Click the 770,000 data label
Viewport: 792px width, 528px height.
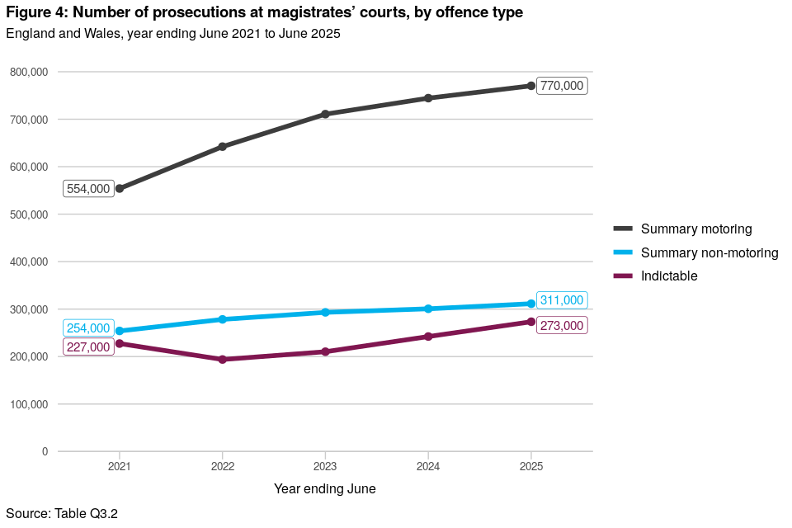click(562, 86)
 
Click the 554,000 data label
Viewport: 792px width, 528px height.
click(88, 189)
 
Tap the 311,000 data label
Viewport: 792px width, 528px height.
click(562, 300)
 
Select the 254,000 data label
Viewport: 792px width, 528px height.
click(88, 328)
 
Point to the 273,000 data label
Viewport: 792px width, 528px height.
click(562, 326)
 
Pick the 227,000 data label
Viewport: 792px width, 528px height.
click(88, 347)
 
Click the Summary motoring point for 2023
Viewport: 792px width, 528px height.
click(325, 114)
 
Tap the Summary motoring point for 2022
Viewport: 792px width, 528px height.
click(223, 147)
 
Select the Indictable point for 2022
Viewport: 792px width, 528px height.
click(223, 360)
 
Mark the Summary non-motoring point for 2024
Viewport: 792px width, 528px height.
click(428, 309)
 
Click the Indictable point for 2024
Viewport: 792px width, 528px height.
click(428, 337)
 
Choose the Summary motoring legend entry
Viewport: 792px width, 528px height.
click(696, 229)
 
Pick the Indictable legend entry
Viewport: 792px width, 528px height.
click(669, 276)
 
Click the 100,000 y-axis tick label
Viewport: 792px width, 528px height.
click(29, 404)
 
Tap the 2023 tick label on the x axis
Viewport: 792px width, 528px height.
click(325, 466)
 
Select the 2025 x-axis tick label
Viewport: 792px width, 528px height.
click(530, 466)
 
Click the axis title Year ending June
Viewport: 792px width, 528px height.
click(325, 489)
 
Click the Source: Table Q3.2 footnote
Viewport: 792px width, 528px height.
click(62, 514)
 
